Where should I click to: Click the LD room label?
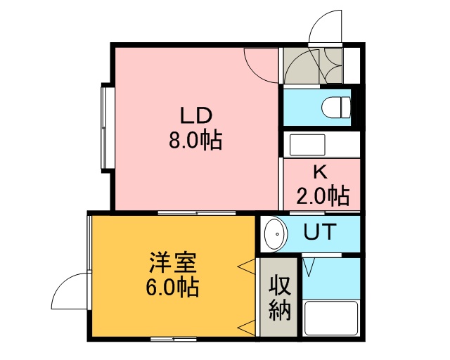pyautogui.click(x=196, y=115)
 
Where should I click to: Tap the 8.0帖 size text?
pyautogui.click(x=195, y=141)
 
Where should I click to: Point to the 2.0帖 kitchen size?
pyautogui.click(x=323, y=196)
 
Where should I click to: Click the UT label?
pyautogui.click(x=320, y=231)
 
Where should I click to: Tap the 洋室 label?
pyautogui.click(x=172, y=263)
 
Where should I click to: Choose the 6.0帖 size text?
pyautogui.click(x=172, y=288)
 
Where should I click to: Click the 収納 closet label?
pyautogui.click(x=280, y=297)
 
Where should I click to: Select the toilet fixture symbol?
pyautogui.click(x=336, y=107)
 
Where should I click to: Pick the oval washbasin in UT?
pyautogui.click(x=276, y=234)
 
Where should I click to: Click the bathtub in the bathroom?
pyautogui.click(x=331, y=318)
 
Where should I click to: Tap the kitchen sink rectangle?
pyautogui.click(x=307, y=145)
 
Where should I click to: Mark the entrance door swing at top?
pyautogui.click(x=326, y=27)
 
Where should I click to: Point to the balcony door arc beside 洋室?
pyautogui.click(x=69, y=291)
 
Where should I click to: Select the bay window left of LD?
pyautogui.click(x=108, y=128)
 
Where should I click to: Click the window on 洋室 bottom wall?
pyautogui.click(x=174, y=339)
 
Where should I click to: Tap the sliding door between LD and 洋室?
pyautogui.click(x=197, y=213)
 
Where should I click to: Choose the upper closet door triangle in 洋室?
pyautogui.click(x=246, y=266)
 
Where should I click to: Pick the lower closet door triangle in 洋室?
pyautogui.click(x=246, y=328)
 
